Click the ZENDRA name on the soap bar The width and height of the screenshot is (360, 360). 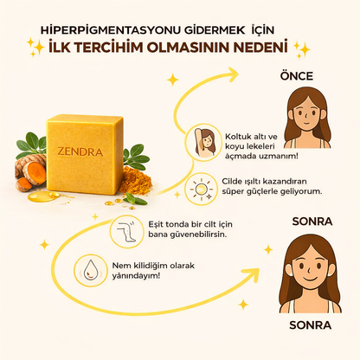tap(80, 151)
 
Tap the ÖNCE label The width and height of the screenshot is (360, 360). tap(297, 76)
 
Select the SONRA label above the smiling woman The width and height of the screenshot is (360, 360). tap(312, 222)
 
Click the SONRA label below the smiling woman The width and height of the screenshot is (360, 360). tap(311, 325)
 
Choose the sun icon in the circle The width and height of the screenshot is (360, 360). tap(201, 190)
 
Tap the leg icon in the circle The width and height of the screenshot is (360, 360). tap(126, 231)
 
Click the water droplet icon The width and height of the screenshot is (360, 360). tap(91, 270)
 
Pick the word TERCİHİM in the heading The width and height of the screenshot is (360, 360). tap(109, 48)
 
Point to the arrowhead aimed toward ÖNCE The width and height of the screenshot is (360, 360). tap(232, 74)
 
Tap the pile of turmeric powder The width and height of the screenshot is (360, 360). tap(135, 181)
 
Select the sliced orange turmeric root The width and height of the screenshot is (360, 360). tap(34, 173)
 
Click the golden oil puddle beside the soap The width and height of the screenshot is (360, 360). tap(43, 196)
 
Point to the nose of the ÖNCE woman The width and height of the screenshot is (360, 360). tap(305, 116)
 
